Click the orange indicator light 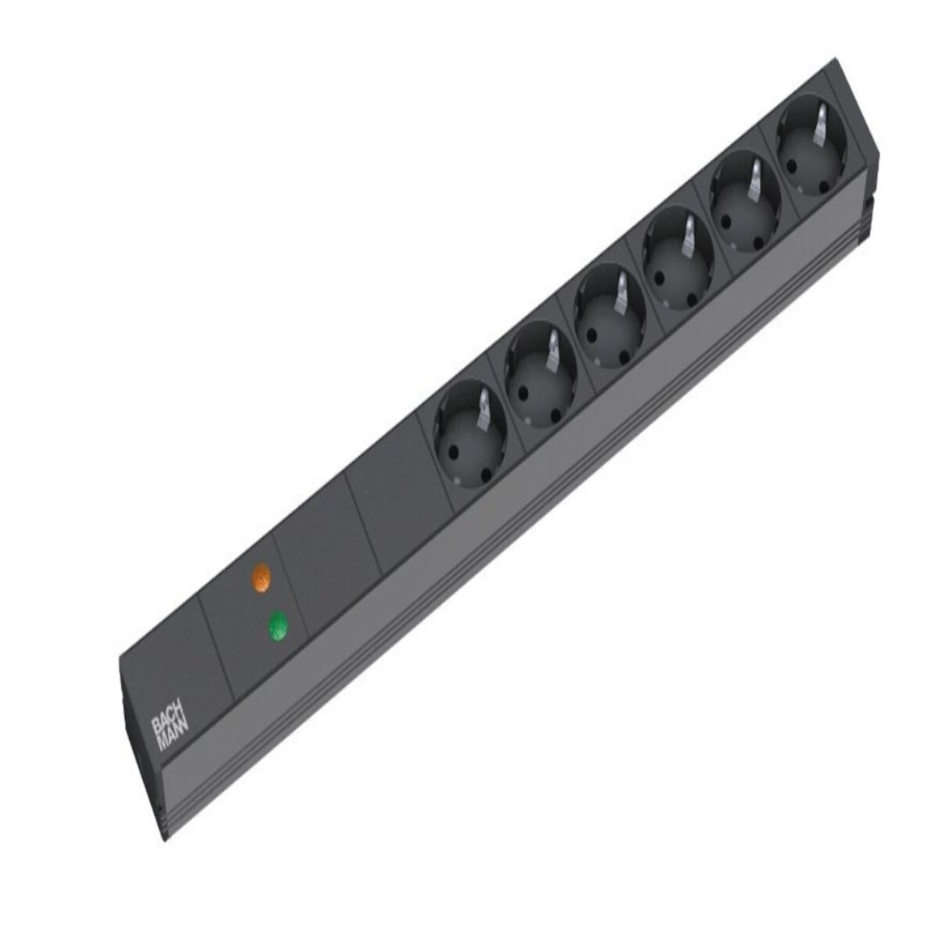tap(261, 578)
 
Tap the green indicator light tap(277, 627)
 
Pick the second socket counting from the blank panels tap(541, 376)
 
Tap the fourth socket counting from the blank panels tap(678, 257)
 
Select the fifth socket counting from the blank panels tap(745, 201)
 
